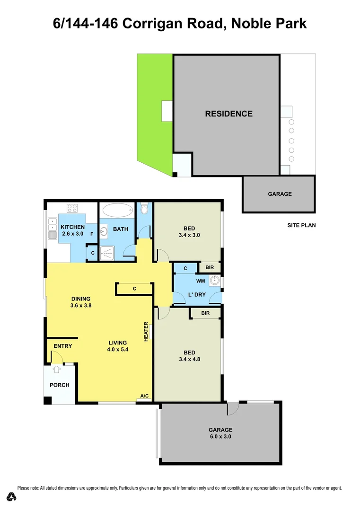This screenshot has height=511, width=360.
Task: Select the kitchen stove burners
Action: tap(72, 208)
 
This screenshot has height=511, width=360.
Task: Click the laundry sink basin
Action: tap(216, 281)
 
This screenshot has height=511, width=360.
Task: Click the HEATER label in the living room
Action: tap(146, 331)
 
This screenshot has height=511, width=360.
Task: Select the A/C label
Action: tap(144, 396)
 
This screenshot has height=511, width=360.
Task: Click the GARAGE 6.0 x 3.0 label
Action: tap(220, 433)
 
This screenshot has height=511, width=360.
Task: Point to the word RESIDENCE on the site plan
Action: tap(229, 114)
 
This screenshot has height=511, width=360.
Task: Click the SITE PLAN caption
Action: tap(301, 225)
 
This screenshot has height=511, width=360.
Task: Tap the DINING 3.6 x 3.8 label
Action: tap(81, 302)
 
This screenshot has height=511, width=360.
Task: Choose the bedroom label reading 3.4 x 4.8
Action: tap(189, 356)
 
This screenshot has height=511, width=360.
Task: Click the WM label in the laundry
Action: tap(200, 281)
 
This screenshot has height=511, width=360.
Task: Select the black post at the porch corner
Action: tap(47, 400)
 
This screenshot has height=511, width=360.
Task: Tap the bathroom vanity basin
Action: tap(105, 230)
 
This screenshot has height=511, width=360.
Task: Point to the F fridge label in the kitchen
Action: tap(92, 233)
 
